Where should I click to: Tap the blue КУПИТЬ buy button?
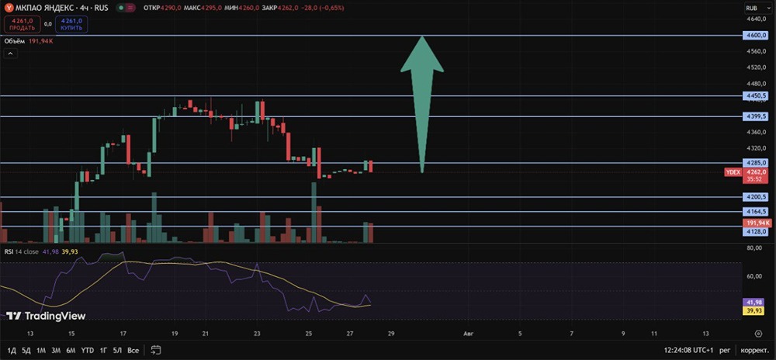(x=71, y=24)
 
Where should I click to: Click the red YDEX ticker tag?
(x=733, y=172)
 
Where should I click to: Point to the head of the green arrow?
(x=421, y=36)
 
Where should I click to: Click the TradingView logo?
(x=46, y=316)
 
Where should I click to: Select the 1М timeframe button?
(x=41, y=350)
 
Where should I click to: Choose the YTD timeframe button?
(x=88, y=350)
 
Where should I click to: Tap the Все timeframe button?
(x=133, y=350)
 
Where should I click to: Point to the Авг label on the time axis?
(x=468, y=334)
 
